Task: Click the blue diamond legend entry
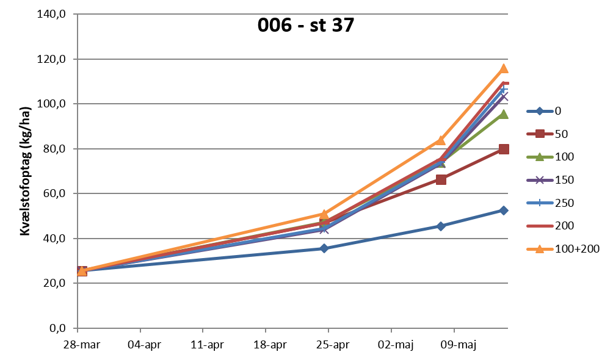[x=540, y=111]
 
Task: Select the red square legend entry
[x=540, y=134]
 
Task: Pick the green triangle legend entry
[x=540, y=157]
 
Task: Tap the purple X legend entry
[x=540, y=180]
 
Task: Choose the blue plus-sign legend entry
[x=540, y=203]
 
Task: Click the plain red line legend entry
[x=540, y=226]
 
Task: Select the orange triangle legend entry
[x=540, y=249]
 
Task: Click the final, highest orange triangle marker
[x=504, y=68]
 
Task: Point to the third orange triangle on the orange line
[x=441, y=140]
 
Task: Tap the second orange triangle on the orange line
[x=324, y=214]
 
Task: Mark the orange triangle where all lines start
[x=82, y=271]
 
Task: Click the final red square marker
[x=504, y=149]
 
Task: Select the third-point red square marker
[x=441, y=179]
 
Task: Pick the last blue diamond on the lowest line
[x=503, y=211]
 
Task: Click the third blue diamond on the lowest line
[x=441, y=226]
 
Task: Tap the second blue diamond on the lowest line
[x=324, y=248]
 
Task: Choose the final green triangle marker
[x=504, y=113]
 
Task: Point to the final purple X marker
[x=504, y=96]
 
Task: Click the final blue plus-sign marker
[x=504, y=90]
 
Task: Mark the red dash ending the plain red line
[x=505, y=82]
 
